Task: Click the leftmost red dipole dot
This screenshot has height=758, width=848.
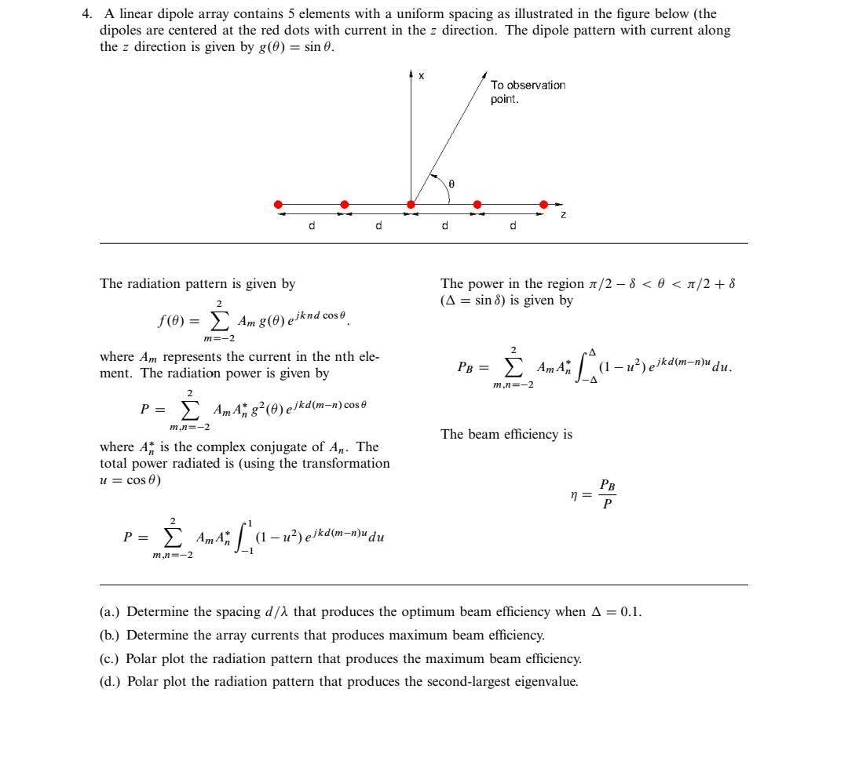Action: [278, 204]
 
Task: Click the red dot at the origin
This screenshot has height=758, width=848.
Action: [411, 204]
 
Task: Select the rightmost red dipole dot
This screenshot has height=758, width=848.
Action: [543, 204]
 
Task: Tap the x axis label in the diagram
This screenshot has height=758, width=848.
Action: [421, 76]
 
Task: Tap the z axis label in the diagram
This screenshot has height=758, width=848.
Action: [563, 216]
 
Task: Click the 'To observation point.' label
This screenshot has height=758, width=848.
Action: [527, 92]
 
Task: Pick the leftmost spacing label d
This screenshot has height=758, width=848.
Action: [311, 226]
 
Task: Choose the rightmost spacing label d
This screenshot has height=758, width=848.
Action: [513, 226]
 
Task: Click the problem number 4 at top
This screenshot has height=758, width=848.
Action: [87, 14]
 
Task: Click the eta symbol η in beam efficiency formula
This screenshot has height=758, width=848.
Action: [574, 494]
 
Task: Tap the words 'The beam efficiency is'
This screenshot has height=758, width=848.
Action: [506, 434]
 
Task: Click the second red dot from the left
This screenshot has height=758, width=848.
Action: [344, 204]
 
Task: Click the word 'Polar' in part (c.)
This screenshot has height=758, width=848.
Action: [141, 658]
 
